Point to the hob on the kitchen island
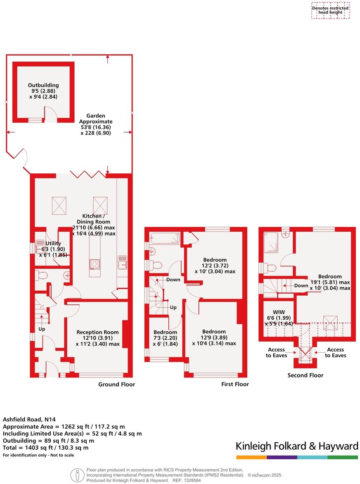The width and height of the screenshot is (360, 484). click(x=95, y=263)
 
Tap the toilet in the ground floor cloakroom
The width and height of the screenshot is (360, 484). click(x=40, y=275)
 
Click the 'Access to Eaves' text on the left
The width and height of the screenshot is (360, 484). click(x=276, y=352)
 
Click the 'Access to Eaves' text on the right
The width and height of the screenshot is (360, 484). click(x=335, y=352)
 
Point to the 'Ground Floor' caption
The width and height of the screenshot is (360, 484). click(x=116, y=384)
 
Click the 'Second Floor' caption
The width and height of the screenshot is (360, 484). click(x=306, y=375)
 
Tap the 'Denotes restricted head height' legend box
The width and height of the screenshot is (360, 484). click(x=330, y=10)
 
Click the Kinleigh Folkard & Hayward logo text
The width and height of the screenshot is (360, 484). click(x=296, y=446)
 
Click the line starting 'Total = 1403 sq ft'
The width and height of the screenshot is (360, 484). click(x=45, y=447)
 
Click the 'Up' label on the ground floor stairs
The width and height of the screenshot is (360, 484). click(x=42, y=329)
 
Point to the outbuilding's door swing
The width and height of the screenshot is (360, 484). click(x=50, y=113)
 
